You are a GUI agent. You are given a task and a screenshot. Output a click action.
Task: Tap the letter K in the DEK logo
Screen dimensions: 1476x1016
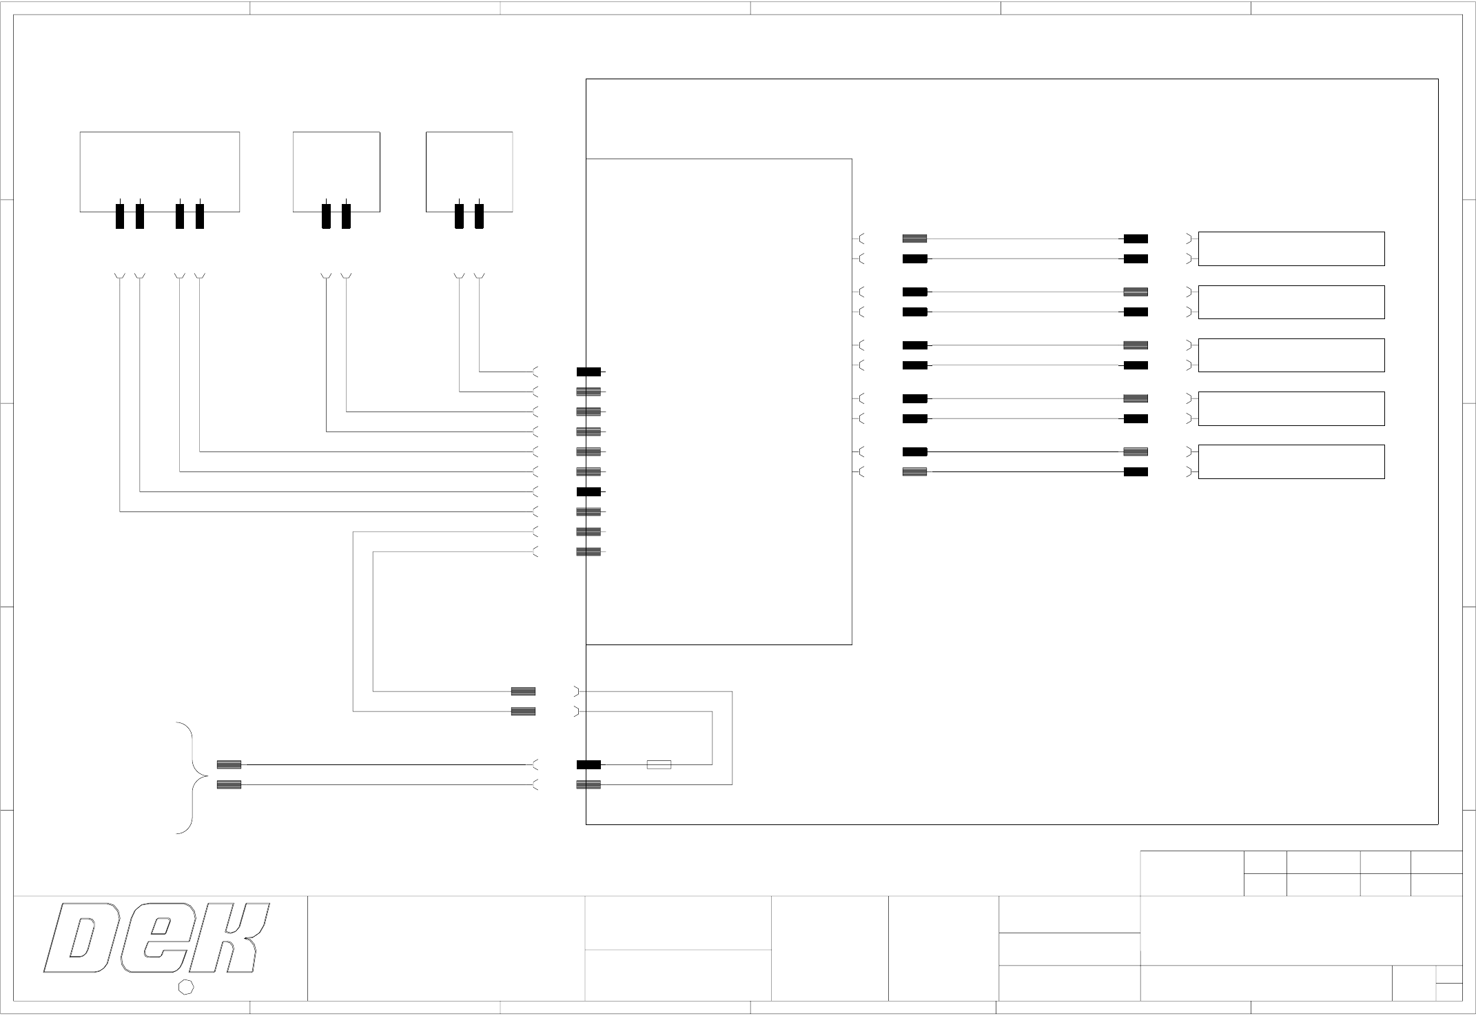pyautogui.click(x=231, y=938)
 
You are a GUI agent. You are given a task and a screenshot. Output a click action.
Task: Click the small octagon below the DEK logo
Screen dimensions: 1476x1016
pyautogui.click(x=186, y=987)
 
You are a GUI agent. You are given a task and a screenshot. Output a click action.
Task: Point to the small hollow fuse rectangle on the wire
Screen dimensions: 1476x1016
pyautogui.click(x=659, y=764)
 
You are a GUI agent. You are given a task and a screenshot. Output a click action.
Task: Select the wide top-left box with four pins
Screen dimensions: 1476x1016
pyautogui.click(x=160, y=171)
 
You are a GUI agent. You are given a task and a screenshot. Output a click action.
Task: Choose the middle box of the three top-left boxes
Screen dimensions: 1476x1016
pyautogui.click(x=336, y=171)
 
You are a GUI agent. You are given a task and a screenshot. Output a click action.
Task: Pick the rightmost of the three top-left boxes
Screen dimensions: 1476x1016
pyautogui.click(x=469, y=171)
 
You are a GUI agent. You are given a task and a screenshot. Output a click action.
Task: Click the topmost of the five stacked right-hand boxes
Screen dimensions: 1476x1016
pyautogui.click(x=1291, y=249)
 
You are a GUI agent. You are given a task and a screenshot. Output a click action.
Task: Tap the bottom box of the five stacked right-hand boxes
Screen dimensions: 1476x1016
pyautogui.click(x=1291, y=462)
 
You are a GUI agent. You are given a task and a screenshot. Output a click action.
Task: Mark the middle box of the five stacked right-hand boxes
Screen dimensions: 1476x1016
pyautogui.click(x=1291, y=355)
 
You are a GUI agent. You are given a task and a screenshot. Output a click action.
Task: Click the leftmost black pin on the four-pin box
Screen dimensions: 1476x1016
pyautogui.click(x=120, y=216)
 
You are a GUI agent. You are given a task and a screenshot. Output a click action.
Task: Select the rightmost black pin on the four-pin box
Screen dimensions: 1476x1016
pyautogui.click(x=200, y=216)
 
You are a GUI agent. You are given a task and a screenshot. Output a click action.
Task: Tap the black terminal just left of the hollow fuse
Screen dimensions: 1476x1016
pyautogui.click(x=588, y=764)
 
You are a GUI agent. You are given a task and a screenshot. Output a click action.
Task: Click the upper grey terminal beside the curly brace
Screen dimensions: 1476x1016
pyautogui.click(x=229, y=764)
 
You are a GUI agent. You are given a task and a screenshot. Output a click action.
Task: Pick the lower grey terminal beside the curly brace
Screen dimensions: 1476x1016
pyautogui.click(x=229, y=784)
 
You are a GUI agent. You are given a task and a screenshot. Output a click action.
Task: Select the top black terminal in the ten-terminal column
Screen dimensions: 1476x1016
pyautogui.click(x=588, y=372)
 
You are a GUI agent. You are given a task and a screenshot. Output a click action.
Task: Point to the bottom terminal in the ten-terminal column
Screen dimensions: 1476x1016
pyautogui.click(x=588, y=551)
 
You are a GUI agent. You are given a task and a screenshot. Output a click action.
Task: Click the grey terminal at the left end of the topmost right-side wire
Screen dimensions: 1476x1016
pyautogui.click(x=914, y=238)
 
